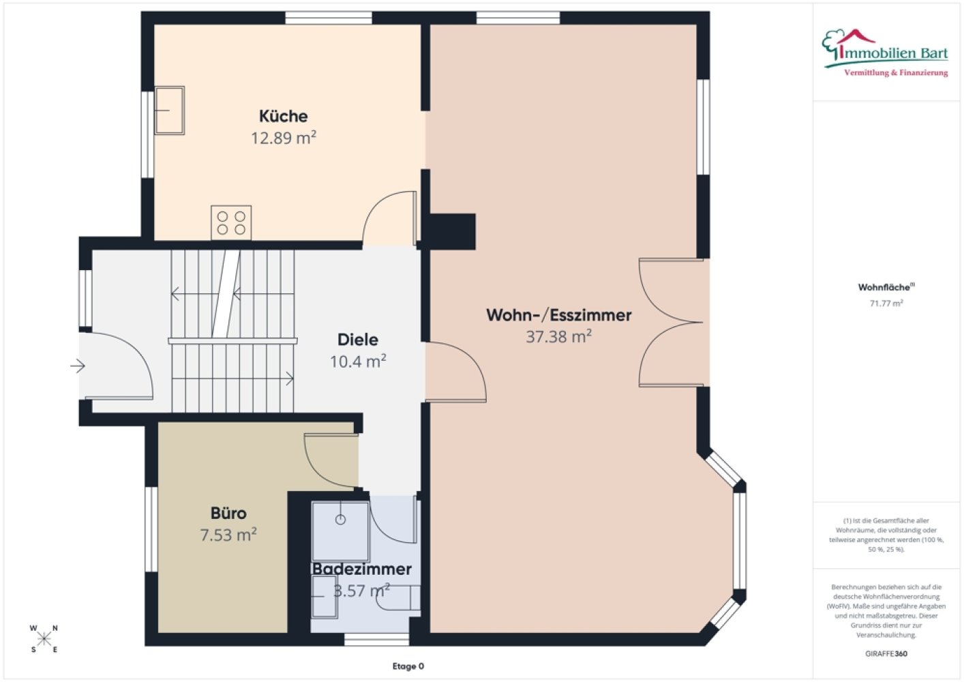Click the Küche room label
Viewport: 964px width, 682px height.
[283, 116]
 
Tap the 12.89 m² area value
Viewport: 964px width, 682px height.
[284, 138]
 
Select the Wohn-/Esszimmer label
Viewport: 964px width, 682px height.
[558, 315]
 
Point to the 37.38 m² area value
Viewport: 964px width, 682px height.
[558, 337]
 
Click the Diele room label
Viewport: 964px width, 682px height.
[358, 340]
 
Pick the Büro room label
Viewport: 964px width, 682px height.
[228, 514]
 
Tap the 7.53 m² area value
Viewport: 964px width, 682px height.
[228, 535]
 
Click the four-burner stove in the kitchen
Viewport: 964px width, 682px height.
[231, 222]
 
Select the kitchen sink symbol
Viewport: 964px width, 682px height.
[170, 110]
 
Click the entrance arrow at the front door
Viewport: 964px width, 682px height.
[78, 366]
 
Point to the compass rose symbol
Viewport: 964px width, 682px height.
[44, 639]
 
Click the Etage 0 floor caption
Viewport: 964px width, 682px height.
[408, 666]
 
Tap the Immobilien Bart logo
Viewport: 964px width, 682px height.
[885, 53]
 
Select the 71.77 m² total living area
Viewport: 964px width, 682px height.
[886, 303]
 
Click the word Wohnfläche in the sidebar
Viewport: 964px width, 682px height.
[884, 287]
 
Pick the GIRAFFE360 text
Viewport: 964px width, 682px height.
[886, 653]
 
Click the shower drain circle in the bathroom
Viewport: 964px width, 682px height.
[340, 520]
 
